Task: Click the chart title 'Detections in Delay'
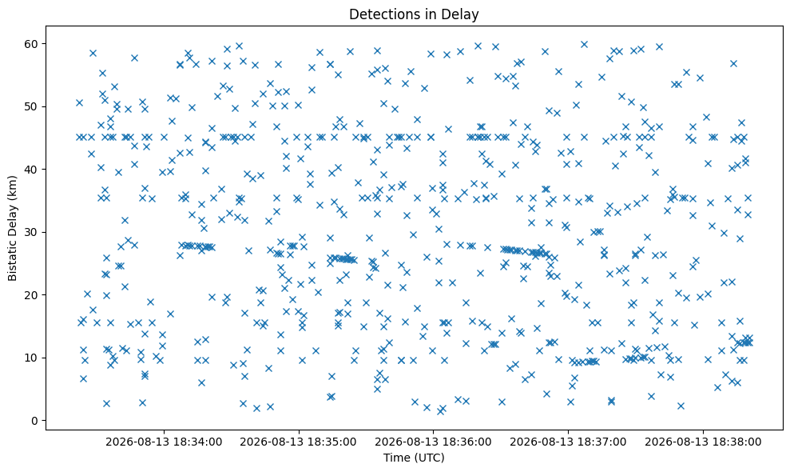(414, 14)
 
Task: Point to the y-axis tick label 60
(32, 44)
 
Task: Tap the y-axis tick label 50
(32, 106)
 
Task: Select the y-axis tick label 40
(32, 170)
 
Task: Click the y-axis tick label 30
(32, 232)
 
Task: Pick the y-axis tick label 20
(32, 295)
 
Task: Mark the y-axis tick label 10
(32, 358)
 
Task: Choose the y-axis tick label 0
(35, 421)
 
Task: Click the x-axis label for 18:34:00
(164, 442)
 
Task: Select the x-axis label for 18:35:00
(298, 442)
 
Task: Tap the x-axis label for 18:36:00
(433, 442)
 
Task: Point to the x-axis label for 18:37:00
(568, 442)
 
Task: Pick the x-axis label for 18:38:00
(704, 442)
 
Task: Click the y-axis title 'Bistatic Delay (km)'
(12, 228)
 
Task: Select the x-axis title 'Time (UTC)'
(414, 458)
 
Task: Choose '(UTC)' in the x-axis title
(428, 458)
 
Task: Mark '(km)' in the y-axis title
(12, 187)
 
